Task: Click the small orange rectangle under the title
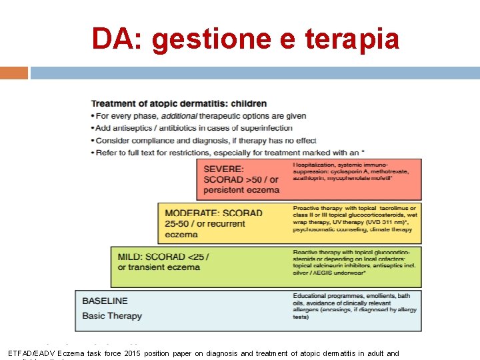[13, 73]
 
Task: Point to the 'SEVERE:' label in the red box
[223, 169]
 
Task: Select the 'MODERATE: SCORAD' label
[213, 213]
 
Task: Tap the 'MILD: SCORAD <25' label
[163, 257]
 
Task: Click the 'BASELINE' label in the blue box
[105, 301]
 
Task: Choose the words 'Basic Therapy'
[112, 315]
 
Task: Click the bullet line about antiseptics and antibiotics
[194, 128]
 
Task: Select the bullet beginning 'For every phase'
[198, 116]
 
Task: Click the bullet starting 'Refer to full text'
[227, 153]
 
